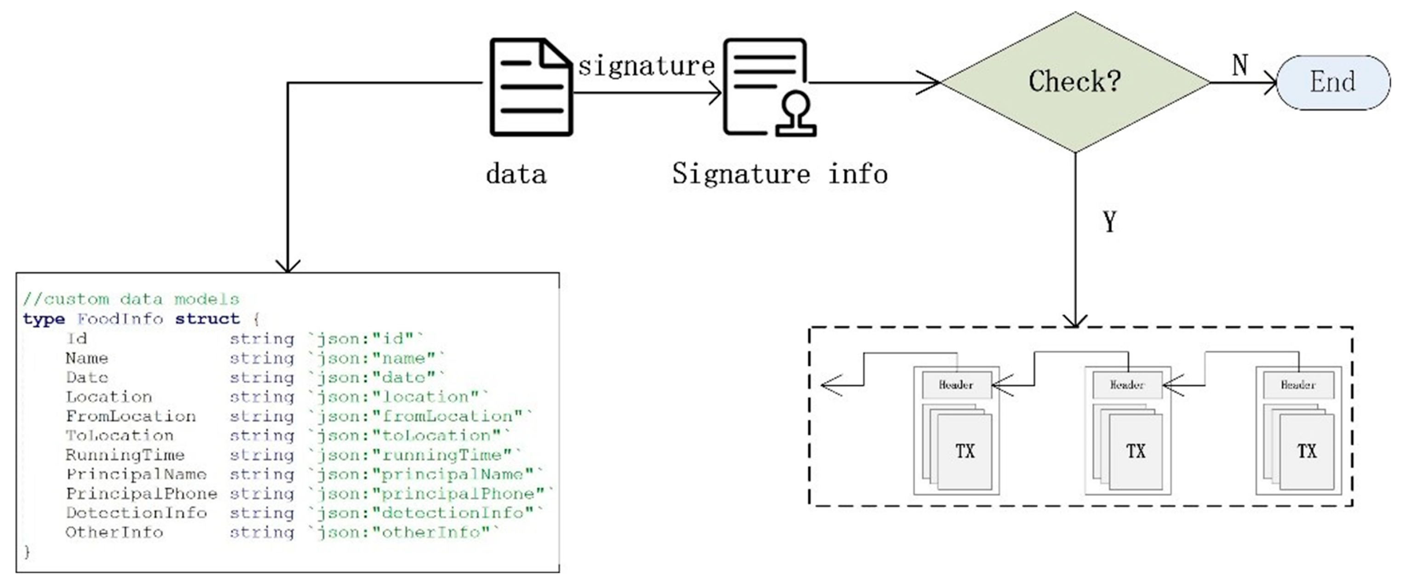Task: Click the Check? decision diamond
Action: click(1075, 82)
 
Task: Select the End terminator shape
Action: click(1332, 83)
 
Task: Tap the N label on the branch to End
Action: click(1240, 65)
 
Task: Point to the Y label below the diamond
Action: click(1109, 221)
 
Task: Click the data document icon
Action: click(531, 87)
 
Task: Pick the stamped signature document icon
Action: click(768, 87)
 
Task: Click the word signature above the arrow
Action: click(646, 66)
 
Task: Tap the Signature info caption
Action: click(779, 174)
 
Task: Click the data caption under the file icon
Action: click(516, 174)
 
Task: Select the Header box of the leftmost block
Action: click(956, 385)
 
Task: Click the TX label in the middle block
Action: click(1136, 451)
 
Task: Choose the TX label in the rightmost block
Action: click(1306, 451)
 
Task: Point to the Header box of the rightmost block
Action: click(1298, 385)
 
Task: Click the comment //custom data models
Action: click(131, 299)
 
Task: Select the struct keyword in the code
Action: click(207, 319)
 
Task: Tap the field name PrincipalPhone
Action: click(141, 493)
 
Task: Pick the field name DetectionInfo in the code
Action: click(136, 513)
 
